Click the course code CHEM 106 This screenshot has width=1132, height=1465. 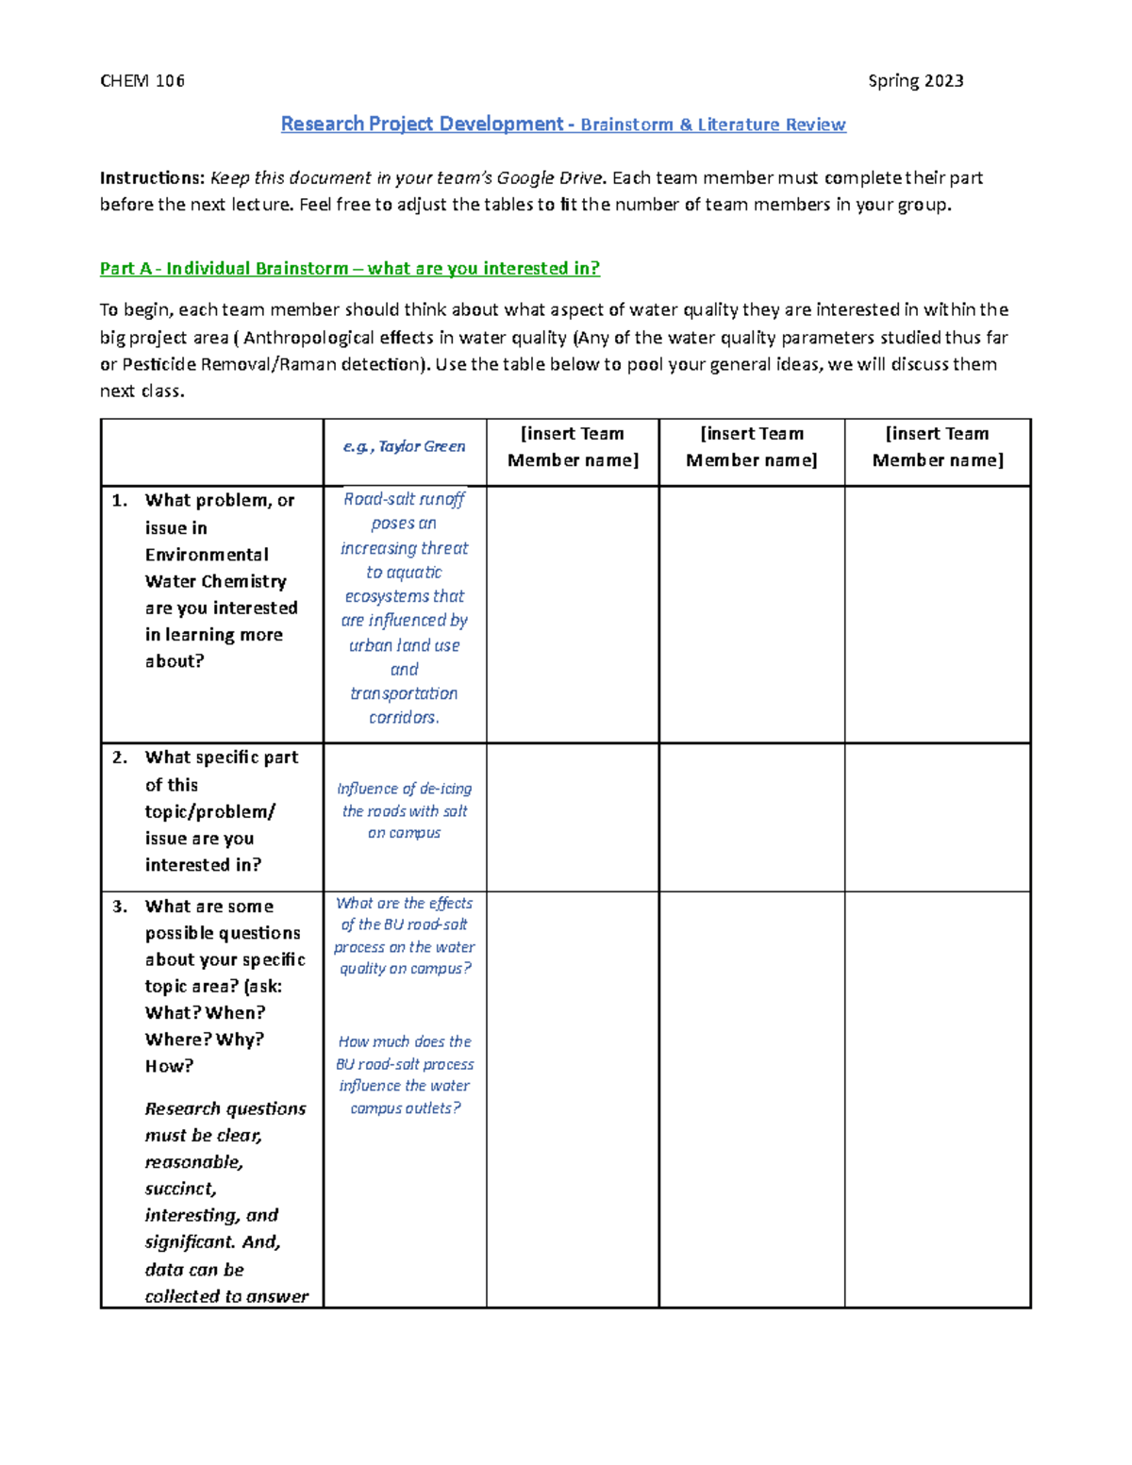(x=142, y=81)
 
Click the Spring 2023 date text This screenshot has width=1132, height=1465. (x=915, y=81)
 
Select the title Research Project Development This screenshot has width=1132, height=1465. (x=422, y=125)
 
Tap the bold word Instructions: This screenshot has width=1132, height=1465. (x=152, y=178)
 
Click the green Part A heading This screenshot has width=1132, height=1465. (x=349, y=269)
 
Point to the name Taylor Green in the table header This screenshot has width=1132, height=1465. (x=422, y=447)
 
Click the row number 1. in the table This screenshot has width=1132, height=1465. (x=120, y=501)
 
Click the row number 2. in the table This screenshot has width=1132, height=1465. (x=120, y=757)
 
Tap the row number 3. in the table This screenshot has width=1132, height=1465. (x=120, y=907)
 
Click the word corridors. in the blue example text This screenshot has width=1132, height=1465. (x=404, y=718)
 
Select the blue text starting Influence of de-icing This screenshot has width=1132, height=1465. (x=404, y=810)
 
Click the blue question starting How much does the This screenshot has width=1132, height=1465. (x=405, y=1074)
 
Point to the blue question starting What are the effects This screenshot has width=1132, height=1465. (x=404, y=936)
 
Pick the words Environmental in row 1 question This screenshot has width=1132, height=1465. (x=207, y=555)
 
